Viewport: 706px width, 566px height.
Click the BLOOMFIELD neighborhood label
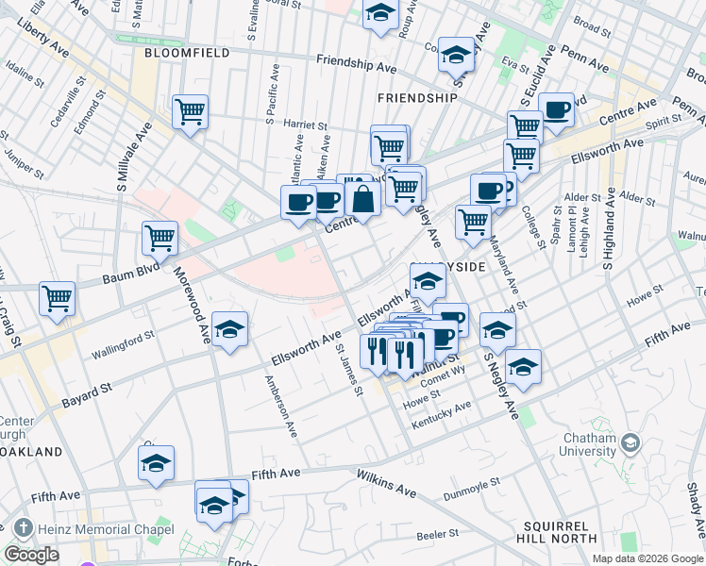click(187, 54)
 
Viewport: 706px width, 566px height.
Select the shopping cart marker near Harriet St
click(190, 113)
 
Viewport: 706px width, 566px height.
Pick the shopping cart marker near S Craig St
click(58, 299)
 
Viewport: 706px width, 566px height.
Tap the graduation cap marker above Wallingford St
click(229, 329)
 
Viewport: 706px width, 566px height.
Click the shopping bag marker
click(362, 199)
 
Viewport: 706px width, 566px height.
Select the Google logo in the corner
click(31, 555)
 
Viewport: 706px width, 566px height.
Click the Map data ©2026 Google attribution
click(647, 558)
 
